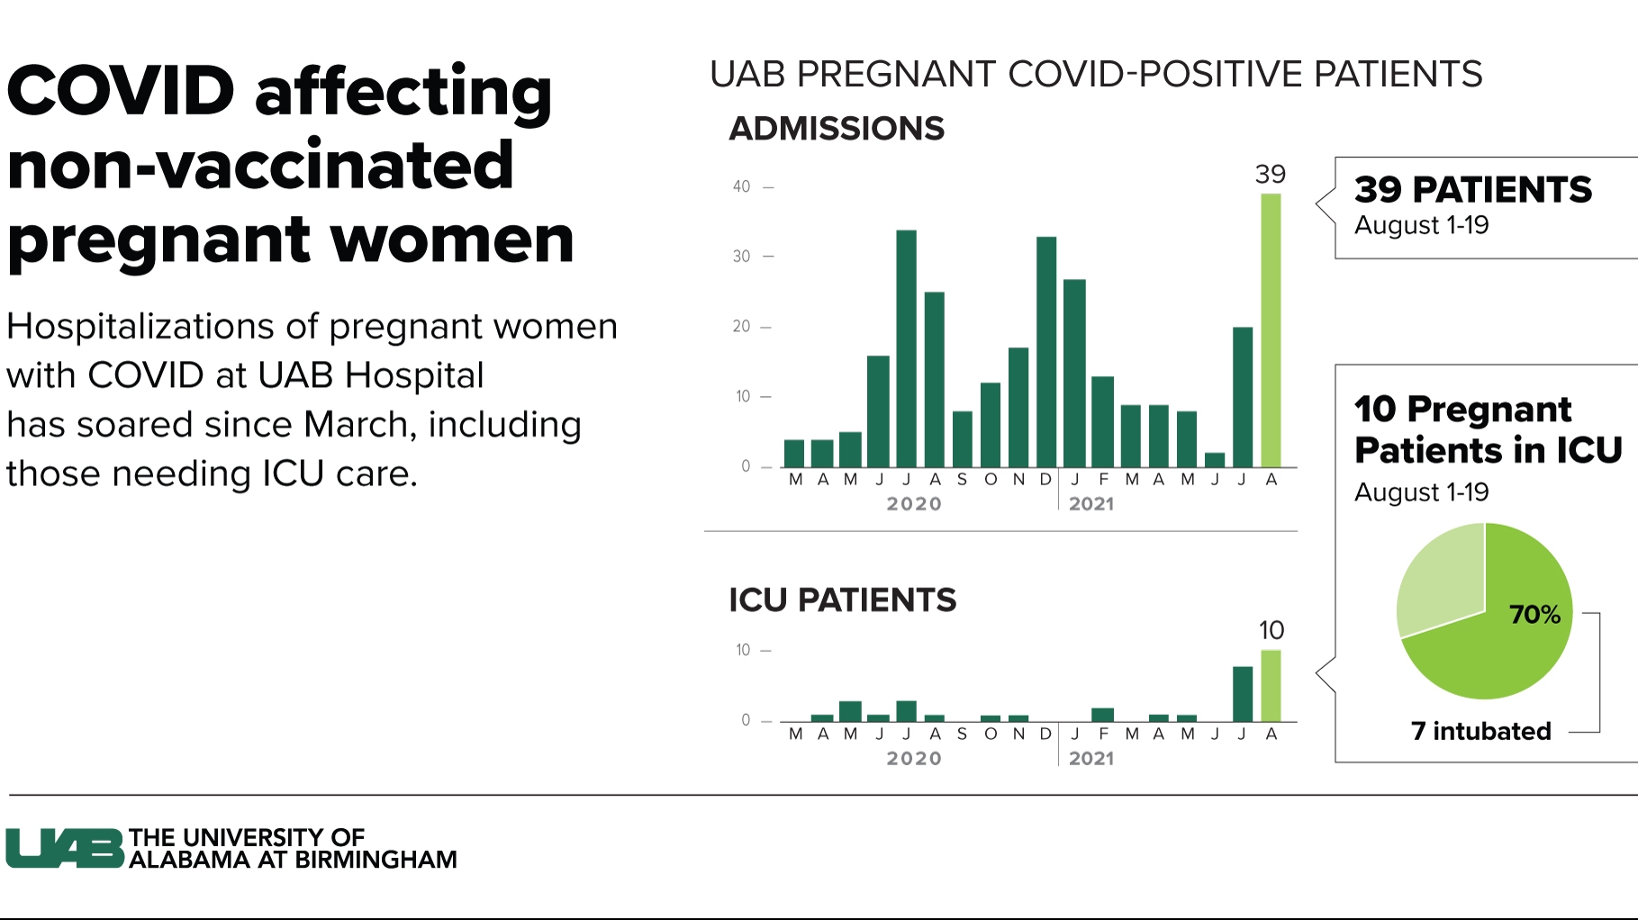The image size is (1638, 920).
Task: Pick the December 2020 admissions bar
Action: [x=1045, y=352]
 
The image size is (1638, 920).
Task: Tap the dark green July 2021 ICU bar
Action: [x=1243, y=694]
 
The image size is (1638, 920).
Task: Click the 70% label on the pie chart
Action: [x=1534, y=615]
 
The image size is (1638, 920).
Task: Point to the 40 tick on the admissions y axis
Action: [x=741, y=187]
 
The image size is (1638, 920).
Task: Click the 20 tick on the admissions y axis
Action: [x=741, y=327]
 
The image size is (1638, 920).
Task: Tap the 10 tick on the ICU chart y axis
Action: [x=743, y=650]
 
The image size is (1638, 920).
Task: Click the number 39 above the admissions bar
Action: [x=1270, y=175]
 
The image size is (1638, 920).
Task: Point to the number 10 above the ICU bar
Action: [x=1271, y=630]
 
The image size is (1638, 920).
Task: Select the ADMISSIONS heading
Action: [x=837, y=129]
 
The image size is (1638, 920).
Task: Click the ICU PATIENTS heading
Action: [x=842, y=600]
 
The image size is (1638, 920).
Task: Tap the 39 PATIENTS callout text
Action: [x=1473, y=190]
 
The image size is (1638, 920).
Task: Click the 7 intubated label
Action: [x=1480, y=731]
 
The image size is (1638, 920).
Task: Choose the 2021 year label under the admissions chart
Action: [x=1091, y=504]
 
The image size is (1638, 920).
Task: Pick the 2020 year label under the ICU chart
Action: [x=914, y=759]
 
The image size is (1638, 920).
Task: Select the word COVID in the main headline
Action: [x=121, y=92]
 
